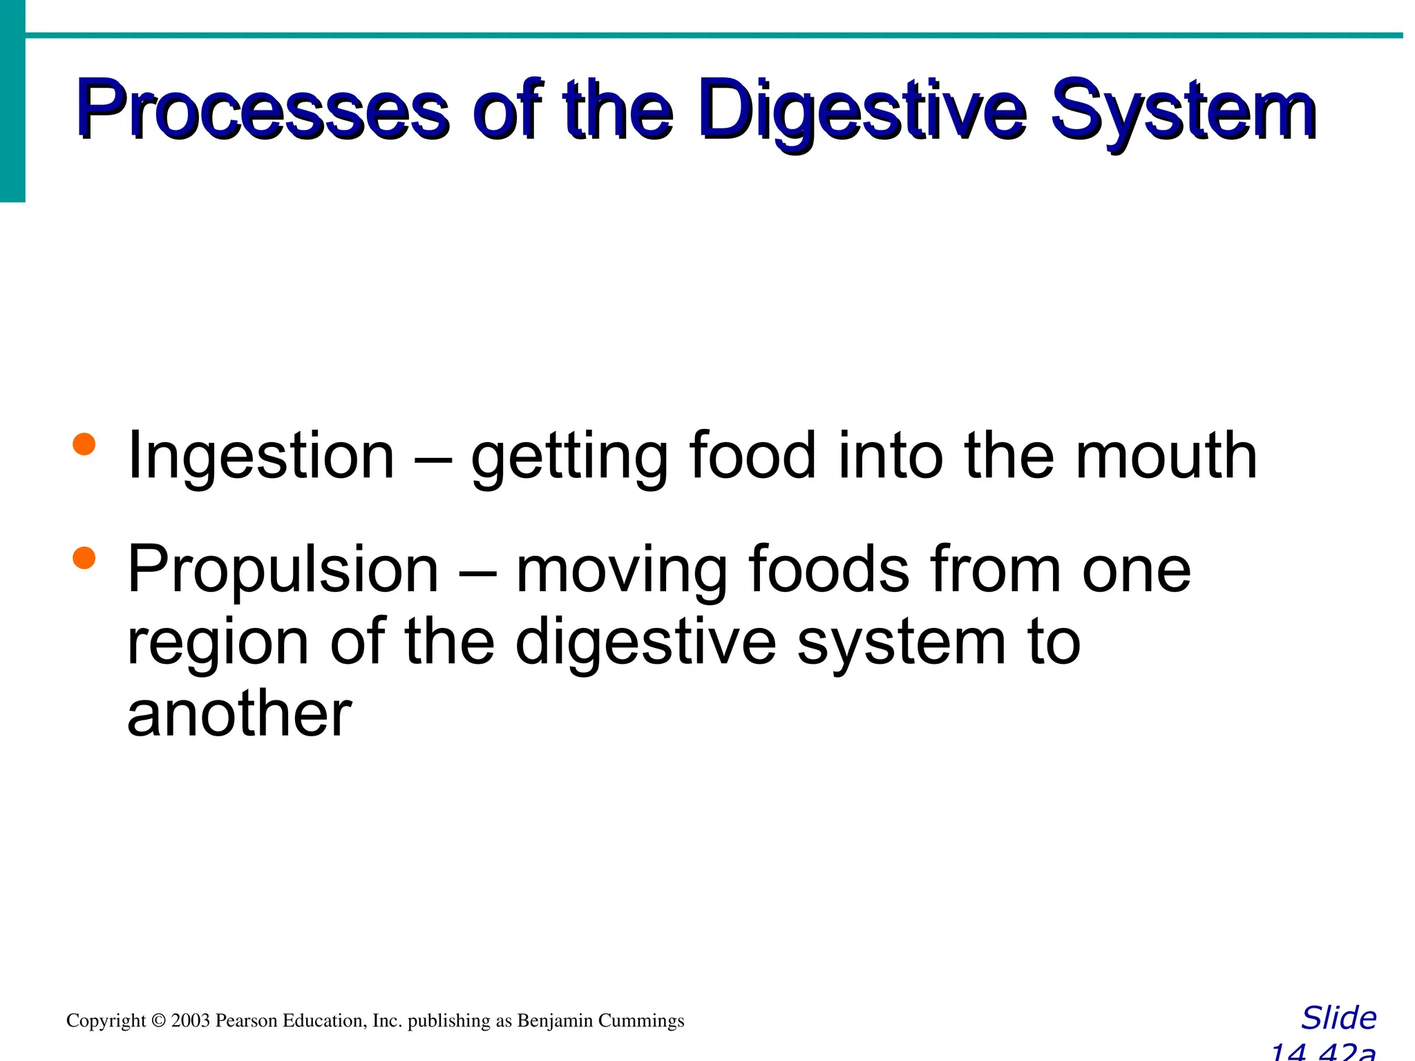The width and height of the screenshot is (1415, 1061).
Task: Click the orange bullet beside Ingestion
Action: [x=84, y=444]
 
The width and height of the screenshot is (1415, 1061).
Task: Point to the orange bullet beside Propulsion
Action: [x=84, y=557]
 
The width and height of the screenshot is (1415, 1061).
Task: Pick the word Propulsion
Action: [x=283, y=570]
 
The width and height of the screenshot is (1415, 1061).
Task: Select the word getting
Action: [x=569, y=457]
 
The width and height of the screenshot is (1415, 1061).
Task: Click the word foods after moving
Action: [x=829, y=570]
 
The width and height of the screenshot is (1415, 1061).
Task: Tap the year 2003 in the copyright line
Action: [x=191, y=1020]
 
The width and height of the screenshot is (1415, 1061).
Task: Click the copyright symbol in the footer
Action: [x=159, y=1020]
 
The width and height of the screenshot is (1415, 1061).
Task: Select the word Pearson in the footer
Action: [x=245, y=1020]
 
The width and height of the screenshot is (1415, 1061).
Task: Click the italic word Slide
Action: [x=1338, y=1018]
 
